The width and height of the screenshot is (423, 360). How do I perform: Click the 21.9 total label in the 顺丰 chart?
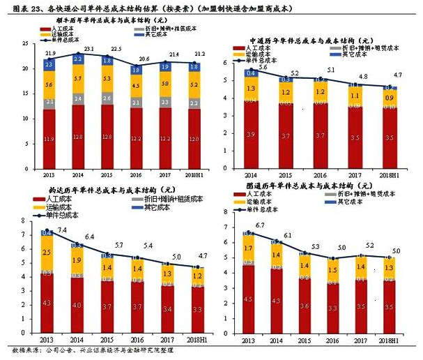click(49, 54)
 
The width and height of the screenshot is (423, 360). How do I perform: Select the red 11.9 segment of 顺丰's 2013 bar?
click(49, 140)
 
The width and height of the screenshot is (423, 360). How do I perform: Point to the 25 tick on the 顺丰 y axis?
click(26, 44)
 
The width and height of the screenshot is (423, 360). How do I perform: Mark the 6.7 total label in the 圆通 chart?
click(260, 225)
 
